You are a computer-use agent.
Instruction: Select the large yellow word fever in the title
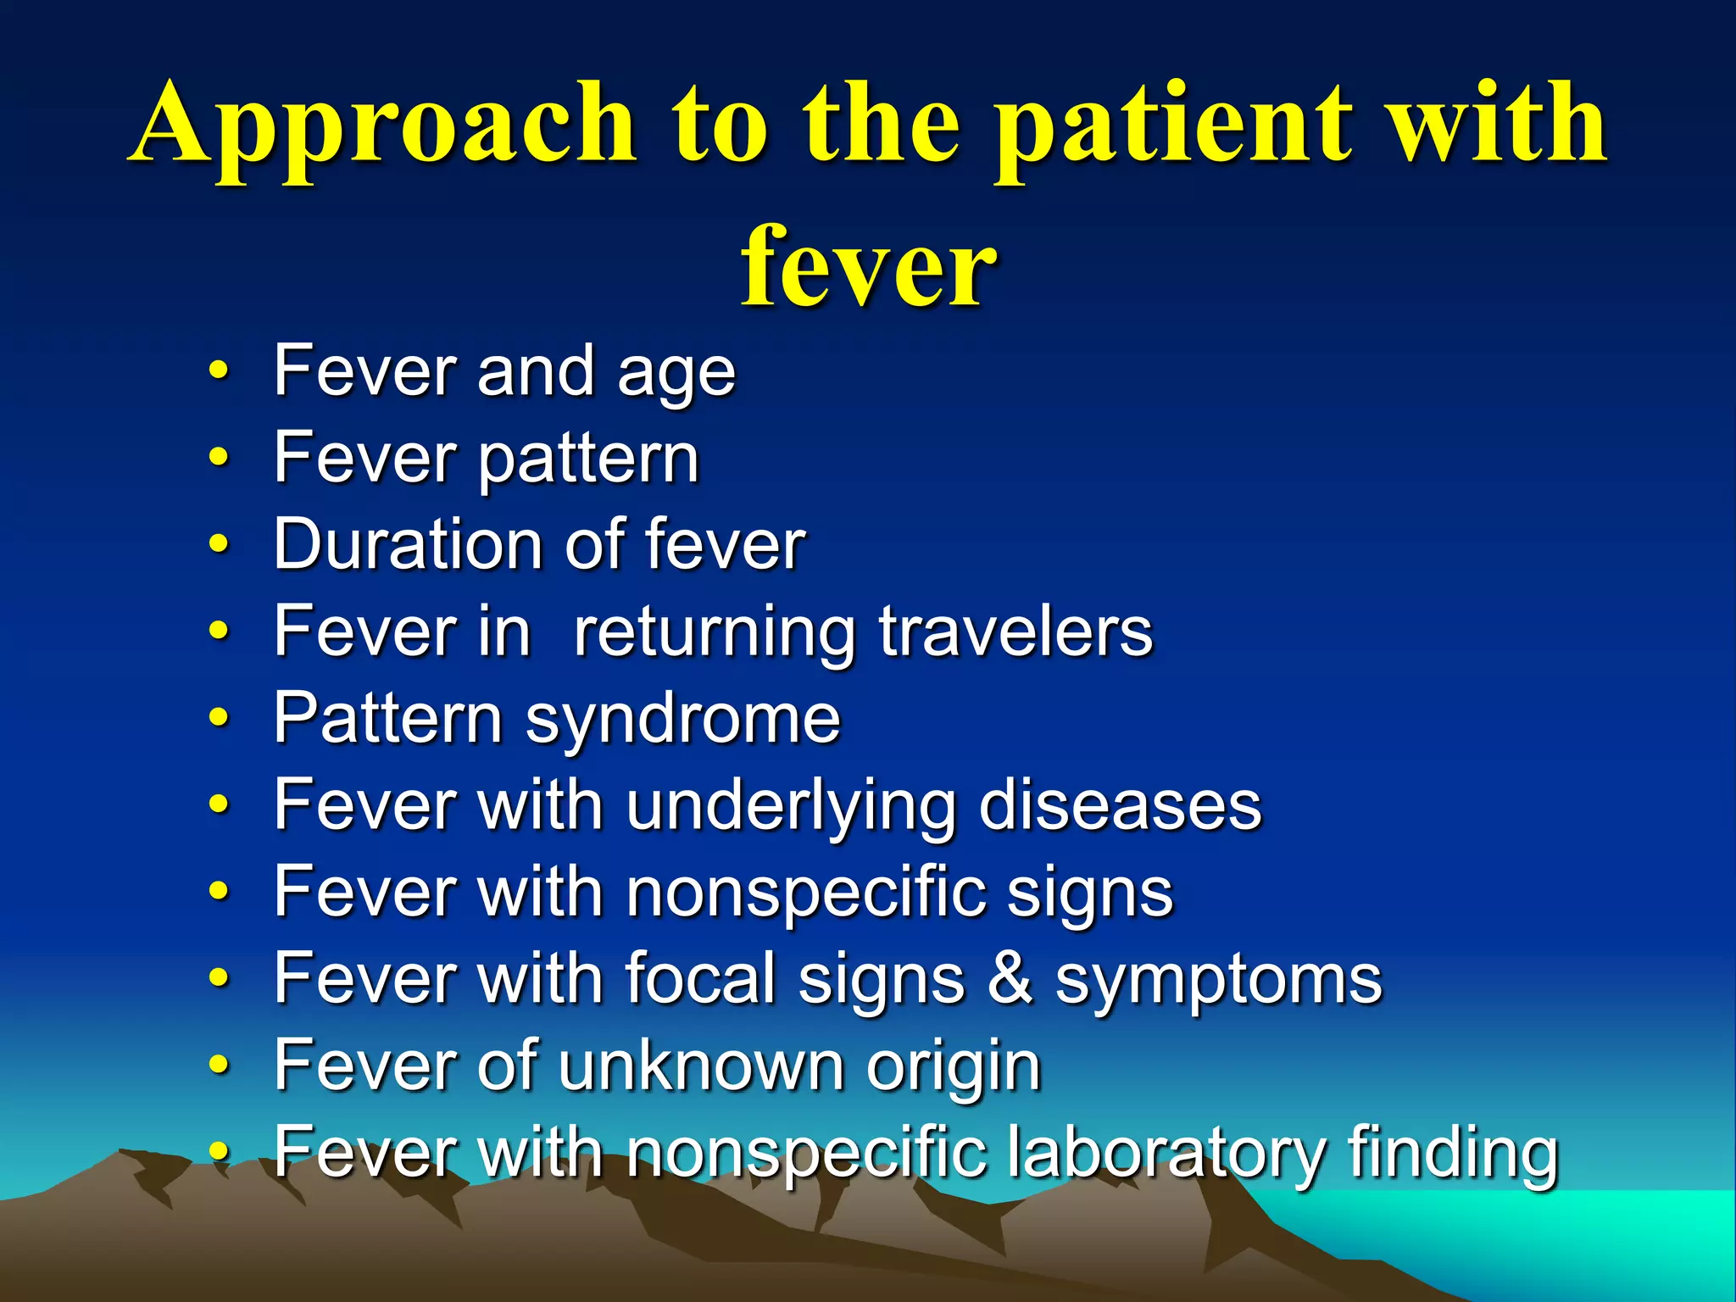click(868, 267)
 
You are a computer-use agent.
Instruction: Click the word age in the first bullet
click(676, 373)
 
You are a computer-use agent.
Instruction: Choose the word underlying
click(791, 807)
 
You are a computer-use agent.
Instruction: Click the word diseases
click(1120, 805)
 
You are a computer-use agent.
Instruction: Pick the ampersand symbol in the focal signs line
click(1010, 978)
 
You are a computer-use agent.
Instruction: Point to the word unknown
click(701, 1066)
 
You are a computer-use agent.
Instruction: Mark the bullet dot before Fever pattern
click(219, 459)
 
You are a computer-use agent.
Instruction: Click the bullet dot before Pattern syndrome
click(219, 719)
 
